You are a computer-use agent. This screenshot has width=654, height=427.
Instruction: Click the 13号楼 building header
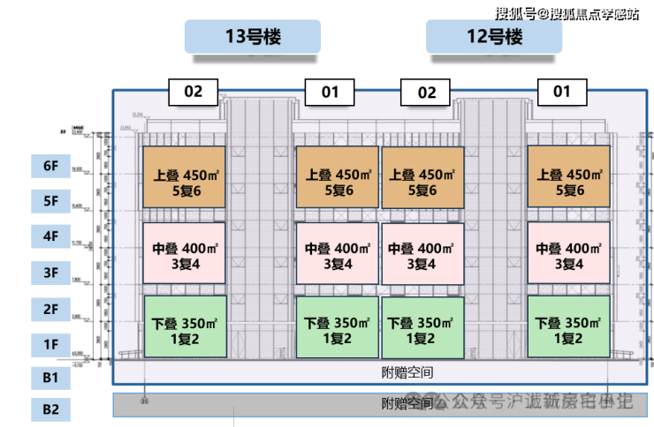tap(252, 37)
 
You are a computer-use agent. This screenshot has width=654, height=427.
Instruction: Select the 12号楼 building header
tap(494, 37)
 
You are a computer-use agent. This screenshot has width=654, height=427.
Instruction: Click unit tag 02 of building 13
tap(194, 91)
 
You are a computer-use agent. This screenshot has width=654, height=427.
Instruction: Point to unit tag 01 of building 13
tap(329, 91)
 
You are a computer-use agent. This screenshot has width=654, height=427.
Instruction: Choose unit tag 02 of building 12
tap(426, 92)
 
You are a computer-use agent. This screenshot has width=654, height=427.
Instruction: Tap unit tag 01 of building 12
tap(561, 91)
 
